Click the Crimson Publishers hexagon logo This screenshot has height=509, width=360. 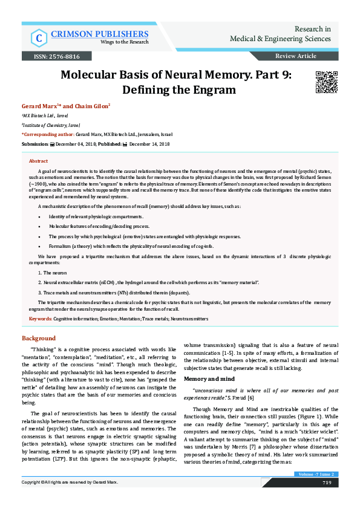click(39, 38)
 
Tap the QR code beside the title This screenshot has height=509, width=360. click(326, 81)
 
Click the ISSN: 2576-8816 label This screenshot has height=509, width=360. click(51, 56)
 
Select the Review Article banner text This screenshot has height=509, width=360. click(295, 56)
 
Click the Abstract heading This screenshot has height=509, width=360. click(38, 161)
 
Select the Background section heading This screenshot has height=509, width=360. click(39, 338)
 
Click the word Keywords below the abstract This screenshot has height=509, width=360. click(40, 318)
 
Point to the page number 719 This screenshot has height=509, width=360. click(327, 482)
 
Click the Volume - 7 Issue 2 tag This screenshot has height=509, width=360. click(318, 475)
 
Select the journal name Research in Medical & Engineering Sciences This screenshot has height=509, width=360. click(280, 34)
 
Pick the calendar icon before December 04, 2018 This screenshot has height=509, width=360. click(52, 144)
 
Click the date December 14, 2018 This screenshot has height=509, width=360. click(149, 144)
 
